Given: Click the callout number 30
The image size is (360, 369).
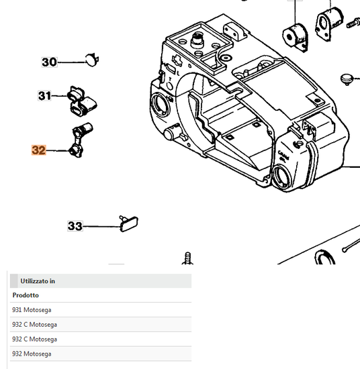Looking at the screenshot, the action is coord(49,62).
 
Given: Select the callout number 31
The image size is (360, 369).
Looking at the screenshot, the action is coord(44,96).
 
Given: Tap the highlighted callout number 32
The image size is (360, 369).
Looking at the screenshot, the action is coord(39,150).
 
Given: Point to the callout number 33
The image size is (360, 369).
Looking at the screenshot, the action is coord(75,226).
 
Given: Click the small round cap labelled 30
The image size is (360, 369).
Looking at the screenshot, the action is coord(91,60).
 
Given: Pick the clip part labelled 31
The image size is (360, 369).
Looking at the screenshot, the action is coord(82,101).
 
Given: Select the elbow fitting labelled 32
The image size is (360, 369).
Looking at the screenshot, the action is coord(80,140).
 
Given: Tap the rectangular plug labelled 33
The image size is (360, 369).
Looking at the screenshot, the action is coord(128,224).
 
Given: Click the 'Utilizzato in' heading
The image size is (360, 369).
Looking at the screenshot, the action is coord(38,281).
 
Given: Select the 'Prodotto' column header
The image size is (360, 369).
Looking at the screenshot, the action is coord(26,295).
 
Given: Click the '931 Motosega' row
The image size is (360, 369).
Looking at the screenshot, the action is coord(32,310).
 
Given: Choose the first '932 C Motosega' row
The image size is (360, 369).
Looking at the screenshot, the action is coord(34,325).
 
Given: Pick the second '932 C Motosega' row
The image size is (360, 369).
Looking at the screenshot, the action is coord(34,339).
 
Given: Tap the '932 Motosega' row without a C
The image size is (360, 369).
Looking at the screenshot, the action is coord(32,354).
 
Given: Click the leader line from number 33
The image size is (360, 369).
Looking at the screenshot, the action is coord(101,226).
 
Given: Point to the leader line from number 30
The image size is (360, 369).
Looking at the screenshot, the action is coord(71,62).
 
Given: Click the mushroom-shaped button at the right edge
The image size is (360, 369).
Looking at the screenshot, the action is coord(347,79).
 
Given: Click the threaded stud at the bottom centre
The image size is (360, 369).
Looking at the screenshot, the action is coord(188,258).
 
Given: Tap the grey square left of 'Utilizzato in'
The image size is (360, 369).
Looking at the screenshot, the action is coord(13,280).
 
